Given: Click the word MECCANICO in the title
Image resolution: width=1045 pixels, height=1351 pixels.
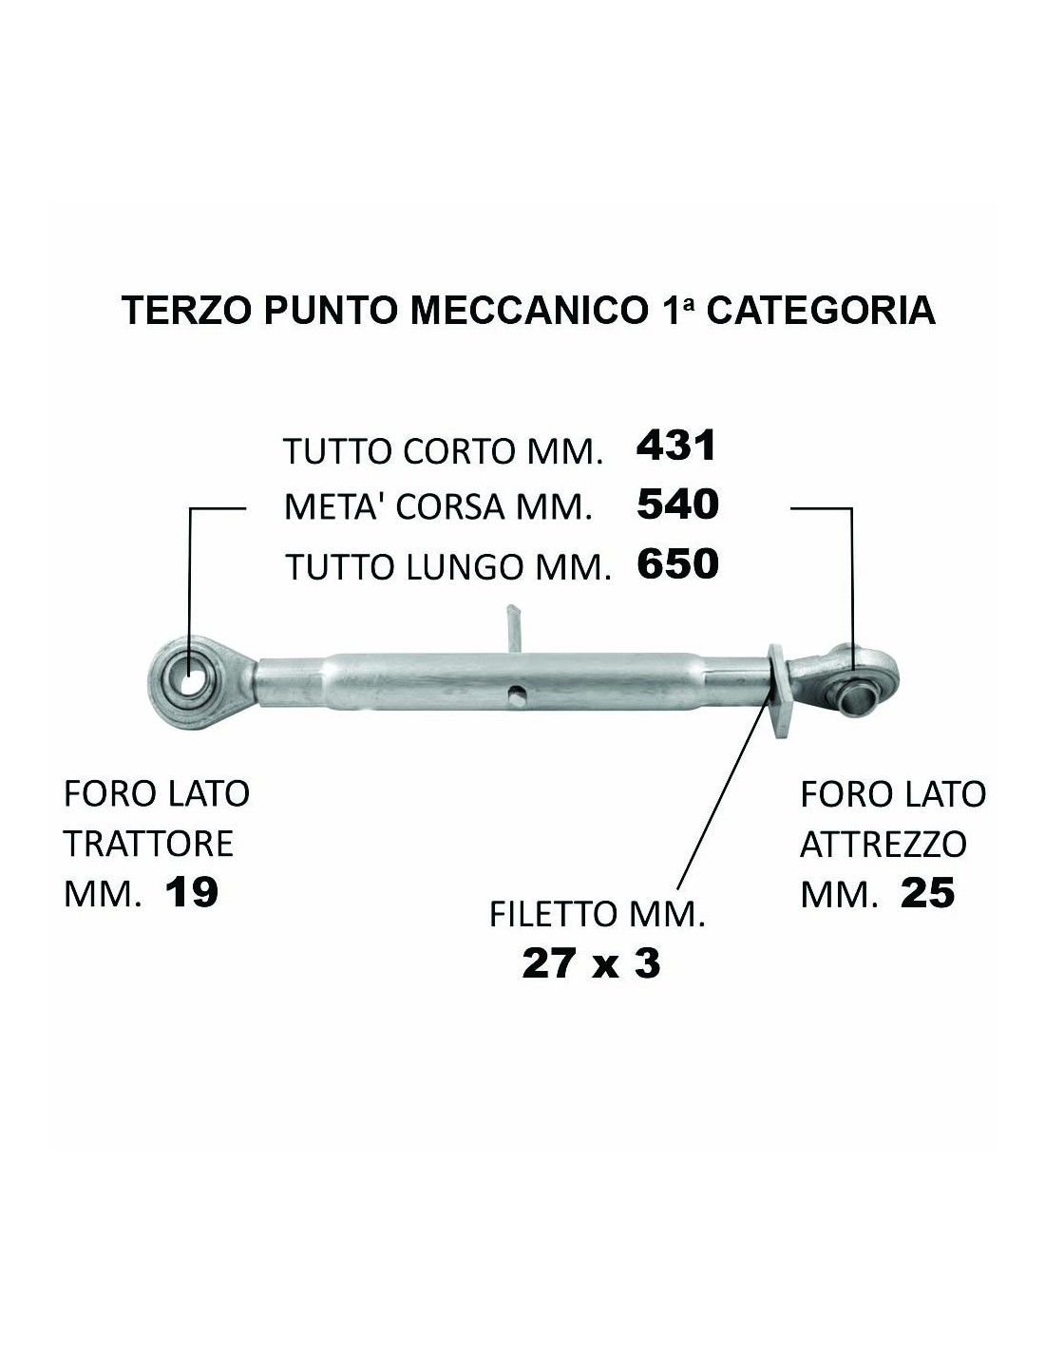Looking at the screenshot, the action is pos(526,310).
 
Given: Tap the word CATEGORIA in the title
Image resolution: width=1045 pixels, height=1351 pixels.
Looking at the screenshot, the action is pos(821,310).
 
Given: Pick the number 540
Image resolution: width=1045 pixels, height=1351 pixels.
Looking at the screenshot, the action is pos(677,504).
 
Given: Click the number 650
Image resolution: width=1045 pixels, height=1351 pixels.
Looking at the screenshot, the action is pos(678,563).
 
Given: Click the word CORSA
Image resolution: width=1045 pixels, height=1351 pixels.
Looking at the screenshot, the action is pos(450,507).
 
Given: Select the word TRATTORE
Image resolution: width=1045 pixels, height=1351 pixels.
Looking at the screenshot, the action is pos(148,844).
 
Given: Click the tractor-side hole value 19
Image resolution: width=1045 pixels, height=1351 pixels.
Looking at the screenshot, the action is pos(192,893).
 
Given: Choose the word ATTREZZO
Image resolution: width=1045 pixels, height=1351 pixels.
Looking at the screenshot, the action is pos(883,845).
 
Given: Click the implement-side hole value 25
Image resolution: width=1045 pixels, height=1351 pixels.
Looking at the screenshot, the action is pos(927,894).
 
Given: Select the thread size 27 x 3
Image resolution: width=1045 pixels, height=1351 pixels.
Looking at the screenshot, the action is pos(591,964).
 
